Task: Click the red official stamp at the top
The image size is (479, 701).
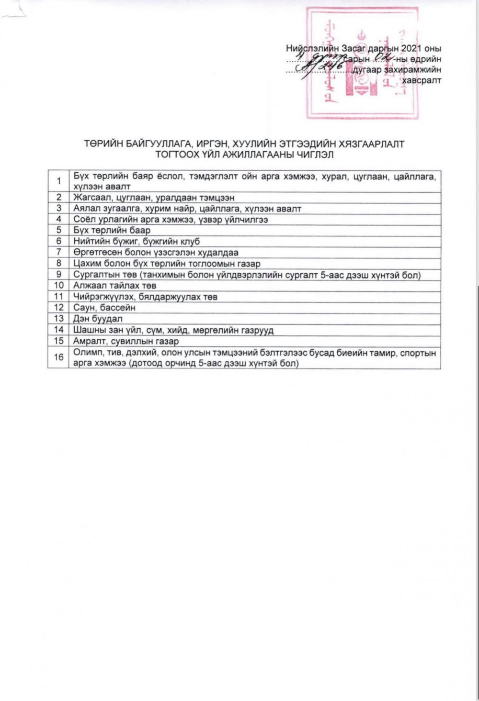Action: click(362, 63)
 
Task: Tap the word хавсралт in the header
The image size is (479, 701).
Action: click(422, 80)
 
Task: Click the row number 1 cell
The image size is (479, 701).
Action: click(59, 181)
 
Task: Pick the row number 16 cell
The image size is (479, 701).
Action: click(59, 357)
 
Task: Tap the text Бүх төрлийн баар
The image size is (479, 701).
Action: click(112, 230)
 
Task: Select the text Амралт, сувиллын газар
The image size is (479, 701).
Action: click(126, 341)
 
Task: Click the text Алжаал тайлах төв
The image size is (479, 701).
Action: click(114, 286)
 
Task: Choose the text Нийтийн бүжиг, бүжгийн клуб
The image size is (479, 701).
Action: click(137, 241)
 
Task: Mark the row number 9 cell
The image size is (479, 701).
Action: click(59, 274)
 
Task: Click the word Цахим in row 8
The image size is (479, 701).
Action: click(86, 264)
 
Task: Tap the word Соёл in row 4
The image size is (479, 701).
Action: click(84, 219)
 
